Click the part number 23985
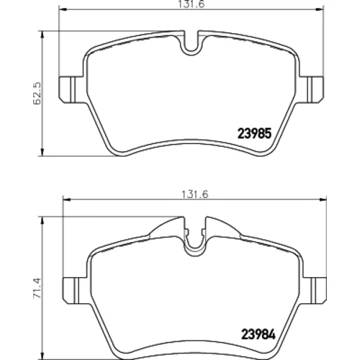point(254,133)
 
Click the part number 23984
point(258,334)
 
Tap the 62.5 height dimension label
point(37,94)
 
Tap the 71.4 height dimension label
point(37,288)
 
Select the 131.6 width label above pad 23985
point(191,4)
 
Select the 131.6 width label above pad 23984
point(194,194)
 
